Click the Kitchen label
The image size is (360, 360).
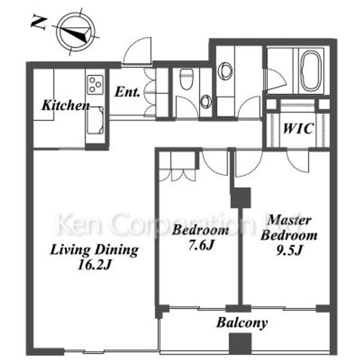(x=65, y=105)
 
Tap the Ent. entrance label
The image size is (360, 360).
(x=127, y=92)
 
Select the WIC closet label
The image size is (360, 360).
(x=298, y=128)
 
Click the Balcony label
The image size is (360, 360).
(x=242, y=323)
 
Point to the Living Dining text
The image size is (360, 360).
(x=94, y=250)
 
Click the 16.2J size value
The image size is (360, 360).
(x=94, y=265)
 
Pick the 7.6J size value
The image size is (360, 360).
(x=201, y=245)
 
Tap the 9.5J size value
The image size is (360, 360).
(x=288, y=250)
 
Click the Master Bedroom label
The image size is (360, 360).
(x=289, y=228)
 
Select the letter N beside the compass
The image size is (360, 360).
(x=39, y=22)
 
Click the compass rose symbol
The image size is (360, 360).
(x=76, y=32)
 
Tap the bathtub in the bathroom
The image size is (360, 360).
(x=311, y=71)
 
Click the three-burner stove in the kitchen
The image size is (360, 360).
(x=95, y=84)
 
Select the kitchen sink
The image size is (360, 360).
(x=95, y=120)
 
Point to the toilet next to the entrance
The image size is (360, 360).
(x=186, y=79)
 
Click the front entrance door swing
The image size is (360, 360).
(x=137, y=50)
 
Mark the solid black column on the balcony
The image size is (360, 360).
(x=240, y=344)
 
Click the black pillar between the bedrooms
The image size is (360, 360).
(x=240, y=197)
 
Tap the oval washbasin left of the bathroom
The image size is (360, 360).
(x=225, y=71)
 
